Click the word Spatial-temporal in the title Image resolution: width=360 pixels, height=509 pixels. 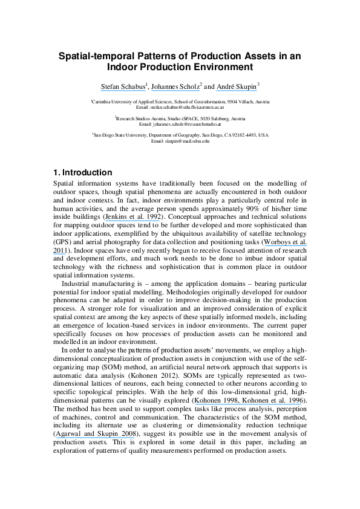coord(94,56)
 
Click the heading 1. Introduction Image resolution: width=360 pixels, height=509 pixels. coord(82,172)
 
